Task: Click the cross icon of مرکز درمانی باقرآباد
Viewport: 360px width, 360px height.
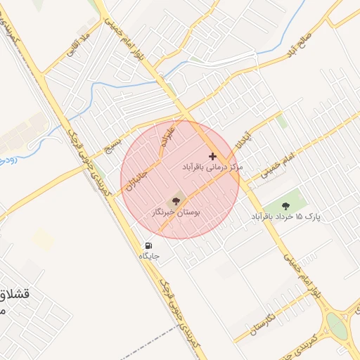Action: pyautogui.click(x=213, y=155)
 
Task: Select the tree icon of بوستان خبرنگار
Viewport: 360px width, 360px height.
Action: pyautogui.click(x=176, y=200)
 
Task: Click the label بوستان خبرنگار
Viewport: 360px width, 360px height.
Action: pyautogui.click(x=176, y=211)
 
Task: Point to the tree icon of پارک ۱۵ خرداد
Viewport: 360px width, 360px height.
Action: pyautogui.click(x=285, y=205)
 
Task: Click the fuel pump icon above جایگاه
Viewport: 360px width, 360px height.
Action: pyautogui.click(x=148, y=246)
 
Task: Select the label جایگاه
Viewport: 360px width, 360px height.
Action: pyautogui.click(x=149, y=256)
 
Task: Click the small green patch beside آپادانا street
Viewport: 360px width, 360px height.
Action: pyautogui.click(x=282, y=121)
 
